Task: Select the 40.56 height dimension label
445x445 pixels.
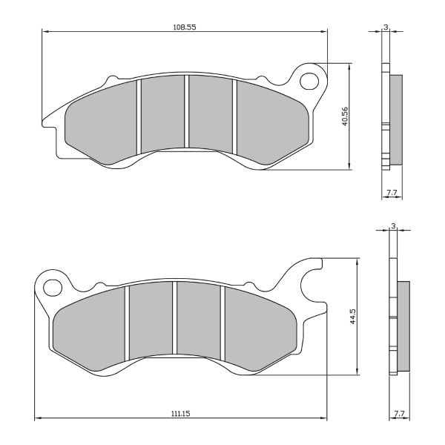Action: pos(345,116)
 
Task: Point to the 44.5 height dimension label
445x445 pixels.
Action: pos(355,317)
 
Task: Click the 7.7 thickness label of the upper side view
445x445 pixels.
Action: pos(392,193)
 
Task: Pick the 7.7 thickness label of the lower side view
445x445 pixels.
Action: pos(398,412)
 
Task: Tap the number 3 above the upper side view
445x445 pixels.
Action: pos(386,27)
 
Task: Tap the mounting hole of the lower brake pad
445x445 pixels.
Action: pos(51,286)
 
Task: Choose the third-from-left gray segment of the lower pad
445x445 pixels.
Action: pos(198,319)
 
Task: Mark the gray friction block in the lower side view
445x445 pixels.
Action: pos(403,326)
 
